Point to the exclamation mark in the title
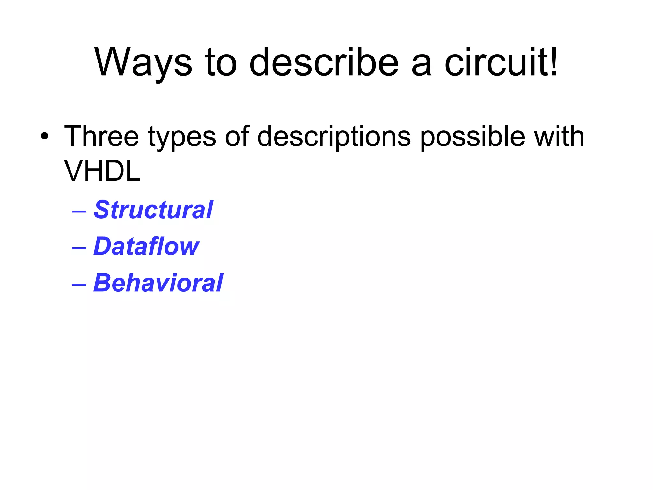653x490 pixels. click(553, 61)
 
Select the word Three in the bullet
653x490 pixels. click(101, 137)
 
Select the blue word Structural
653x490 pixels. click(153, 210)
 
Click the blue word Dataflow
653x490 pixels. click(146, 246)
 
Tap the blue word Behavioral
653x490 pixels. click(158, 283)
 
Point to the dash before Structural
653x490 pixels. click(79, 211)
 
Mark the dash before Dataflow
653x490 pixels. click(79, 248)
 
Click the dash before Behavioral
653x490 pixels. click(79, 284)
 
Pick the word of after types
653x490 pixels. click(237, 137)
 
